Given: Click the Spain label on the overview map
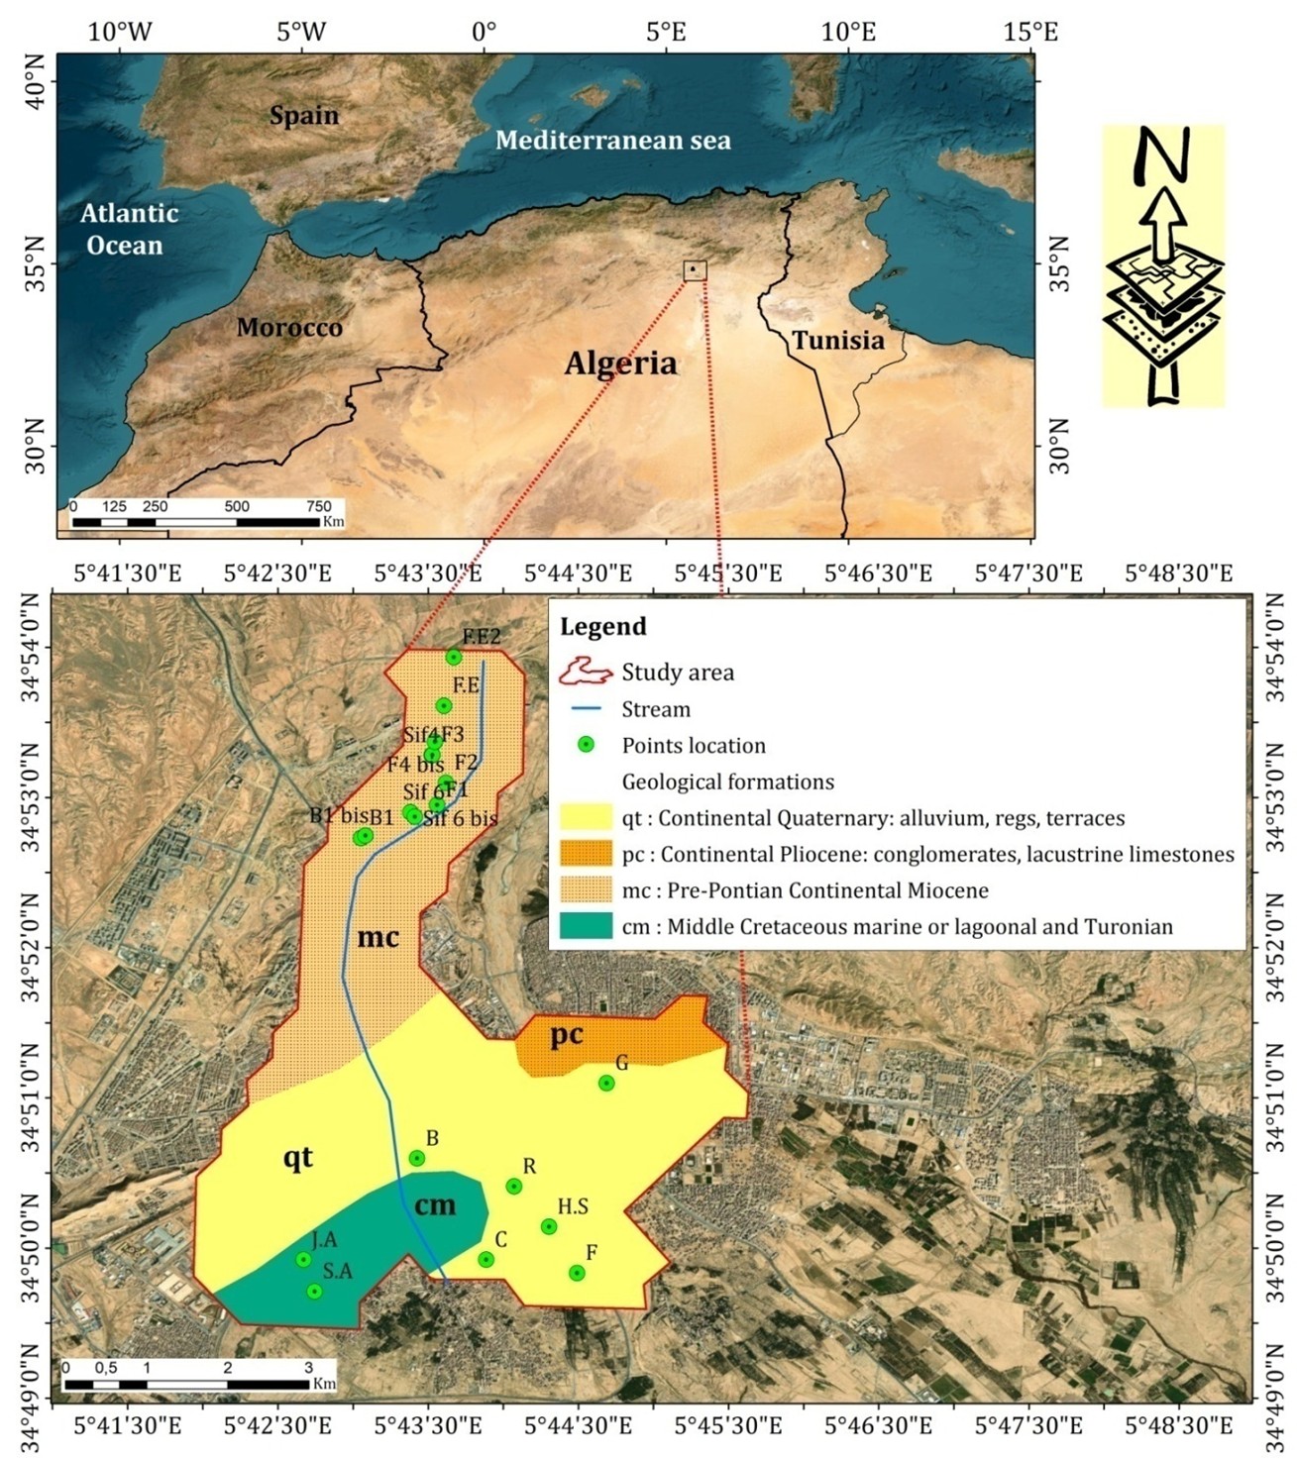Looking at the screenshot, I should [x=304, y=116].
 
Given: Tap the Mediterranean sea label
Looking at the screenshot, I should [x=612, y=141].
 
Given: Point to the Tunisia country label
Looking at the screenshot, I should [x=837, y=341].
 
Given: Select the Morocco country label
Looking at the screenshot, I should [x=289, y=328].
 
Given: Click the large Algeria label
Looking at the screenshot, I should [x=620, y=364].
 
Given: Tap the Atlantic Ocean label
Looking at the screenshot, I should [x=129, y=229].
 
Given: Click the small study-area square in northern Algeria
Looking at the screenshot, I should [x=695, y=270].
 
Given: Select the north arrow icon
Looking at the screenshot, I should [x=1163, y=265].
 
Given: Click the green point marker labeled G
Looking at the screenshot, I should [x=606, y=1084].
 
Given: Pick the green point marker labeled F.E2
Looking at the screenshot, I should [x=454, y=658].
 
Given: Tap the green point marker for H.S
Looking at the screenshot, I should [x=549, y=1227].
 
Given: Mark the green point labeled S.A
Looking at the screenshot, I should [x=314, y=1292].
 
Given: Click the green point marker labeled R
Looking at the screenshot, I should [x=513, y=1187].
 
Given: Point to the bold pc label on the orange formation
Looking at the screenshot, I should [x=567, y=1035].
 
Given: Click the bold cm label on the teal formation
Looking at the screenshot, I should [x=435, y=1204].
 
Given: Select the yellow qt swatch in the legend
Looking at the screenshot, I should [x=586, y=818].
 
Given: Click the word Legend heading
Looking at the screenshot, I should [x=602, y=627].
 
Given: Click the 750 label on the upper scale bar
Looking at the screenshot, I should [x=318, y=506].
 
